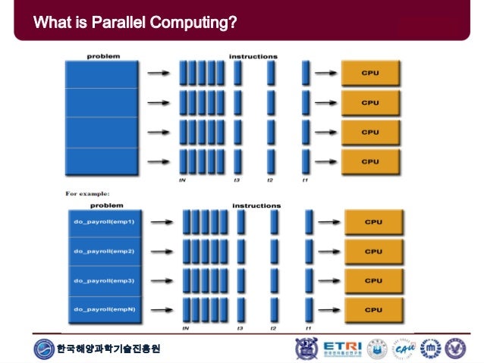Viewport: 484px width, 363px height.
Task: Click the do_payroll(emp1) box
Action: pyautogui.click(x=105, y=222)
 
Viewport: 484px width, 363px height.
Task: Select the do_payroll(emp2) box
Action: pyautogui.click(x=105, y=251)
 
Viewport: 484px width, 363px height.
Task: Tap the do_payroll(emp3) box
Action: pyautogui.click(x=105, y=280)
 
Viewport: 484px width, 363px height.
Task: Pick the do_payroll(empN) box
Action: pyautogui.click(x=105, y=309)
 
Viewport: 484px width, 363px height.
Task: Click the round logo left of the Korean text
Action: pyautogui.click(x=45, y=349)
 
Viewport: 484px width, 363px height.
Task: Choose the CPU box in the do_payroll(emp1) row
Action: pyautogui.click(x=373, y=222)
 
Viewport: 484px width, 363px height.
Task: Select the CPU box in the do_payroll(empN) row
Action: pyautogui.click(x=373, y=309)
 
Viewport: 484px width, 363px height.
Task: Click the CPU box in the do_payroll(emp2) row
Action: pyautogui.click(x=373, y=251)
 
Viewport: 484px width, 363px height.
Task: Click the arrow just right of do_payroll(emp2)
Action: pyautogui.click(x=160, y=251)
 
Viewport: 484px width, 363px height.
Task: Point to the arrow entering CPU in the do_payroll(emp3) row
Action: pyautogui.click(x=328, y=280)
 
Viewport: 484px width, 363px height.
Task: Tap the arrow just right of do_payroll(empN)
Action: pyautogui.click(x=160, y=309)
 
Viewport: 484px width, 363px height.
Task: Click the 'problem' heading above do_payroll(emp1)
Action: pyautogui.click(x=107, y=205)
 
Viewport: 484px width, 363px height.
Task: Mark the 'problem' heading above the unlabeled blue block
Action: pyautogui.click(x=102, y=55)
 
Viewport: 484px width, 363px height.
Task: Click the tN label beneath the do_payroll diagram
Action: pyautogui.click(x=184, y=328)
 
